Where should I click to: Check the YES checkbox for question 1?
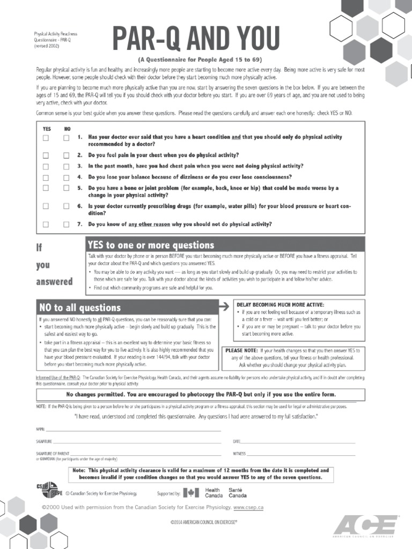click(x=46, y=138)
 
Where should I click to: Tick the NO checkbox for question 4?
click(x=66, y=177)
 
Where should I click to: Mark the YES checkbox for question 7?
click(x=46, y=224)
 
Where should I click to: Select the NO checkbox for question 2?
click(x=66, y=155)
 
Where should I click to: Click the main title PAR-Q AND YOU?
click(x=195, y=40)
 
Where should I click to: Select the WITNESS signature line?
click(x=300, y=455)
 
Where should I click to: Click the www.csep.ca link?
click(x=248, y=507)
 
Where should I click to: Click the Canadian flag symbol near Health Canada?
click(x=189, y=493)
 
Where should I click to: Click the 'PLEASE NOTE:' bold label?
click(x=241, y=350)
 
